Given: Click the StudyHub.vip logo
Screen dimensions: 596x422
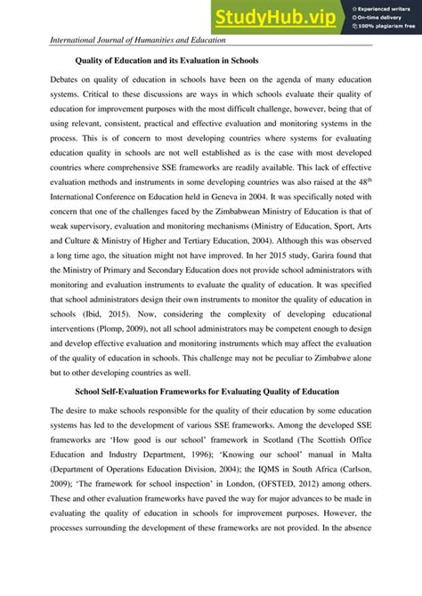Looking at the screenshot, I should click(x=266, y=17).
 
